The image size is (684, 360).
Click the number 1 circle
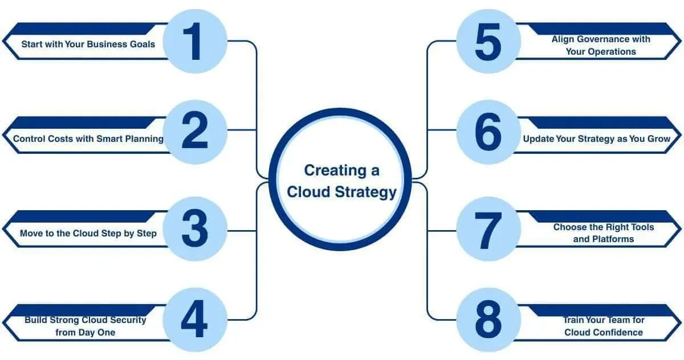pos(195,42)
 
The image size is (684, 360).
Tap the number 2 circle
pos(195,132)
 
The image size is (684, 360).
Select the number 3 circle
pos(195,229)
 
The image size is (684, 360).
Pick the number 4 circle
pos(195,320)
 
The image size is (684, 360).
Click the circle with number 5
pos(488,42)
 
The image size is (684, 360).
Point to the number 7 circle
pos(488,230)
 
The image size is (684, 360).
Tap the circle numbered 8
pos(488,320)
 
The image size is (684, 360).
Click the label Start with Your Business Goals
pos(88,44)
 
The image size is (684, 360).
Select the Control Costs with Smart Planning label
pos(88,138)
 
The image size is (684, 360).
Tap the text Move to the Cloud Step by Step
pos(88,233)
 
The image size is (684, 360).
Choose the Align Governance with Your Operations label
pos(601,45)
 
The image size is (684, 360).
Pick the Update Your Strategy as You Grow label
pos(597,138)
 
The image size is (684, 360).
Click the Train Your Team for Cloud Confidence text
pos(603,326)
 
